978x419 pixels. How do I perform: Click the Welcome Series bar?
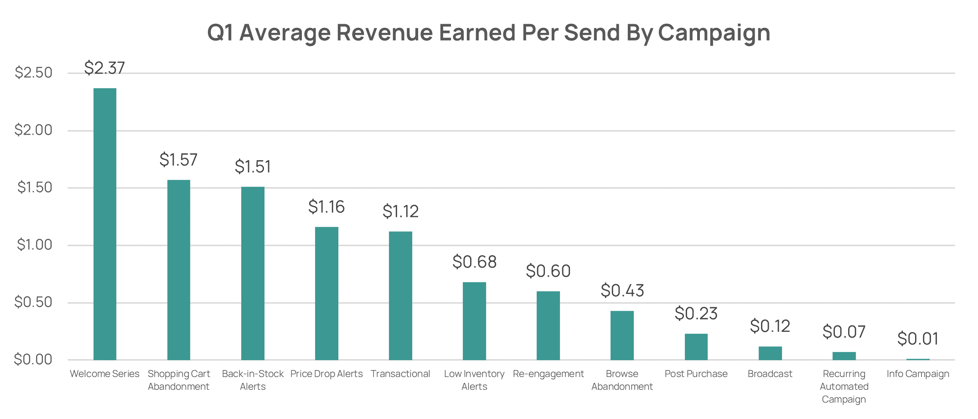coord(105,224)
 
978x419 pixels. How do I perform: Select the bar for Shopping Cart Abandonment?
coord(179,270)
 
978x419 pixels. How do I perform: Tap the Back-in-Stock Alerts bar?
coord(253,273)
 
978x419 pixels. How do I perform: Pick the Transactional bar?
coord(400,295)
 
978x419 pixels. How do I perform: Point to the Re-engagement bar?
coord(548,325)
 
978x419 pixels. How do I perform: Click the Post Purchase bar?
coord(696,346)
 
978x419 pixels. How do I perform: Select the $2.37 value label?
coord(104,68)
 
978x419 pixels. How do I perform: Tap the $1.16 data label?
coord(326,207)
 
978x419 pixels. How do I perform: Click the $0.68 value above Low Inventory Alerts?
coord(474,262)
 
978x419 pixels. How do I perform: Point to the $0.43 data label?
coord(622,291)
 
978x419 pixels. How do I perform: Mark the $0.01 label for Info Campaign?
coord(918,339)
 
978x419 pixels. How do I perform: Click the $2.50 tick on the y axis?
coord(33,73)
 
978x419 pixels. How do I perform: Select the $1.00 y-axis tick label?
coord(34,245)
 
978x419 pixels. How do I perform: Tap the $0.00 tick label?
coord(33,360)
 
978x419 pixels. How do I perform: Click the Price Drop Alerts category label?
coord(326,374)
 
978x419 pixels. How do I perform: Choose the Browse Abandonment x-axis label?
coord(622,380)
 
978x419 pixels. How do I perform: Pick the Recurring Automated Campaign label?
coord(844,386)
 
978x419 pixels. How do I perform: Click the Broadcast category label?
coord(770,374)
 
